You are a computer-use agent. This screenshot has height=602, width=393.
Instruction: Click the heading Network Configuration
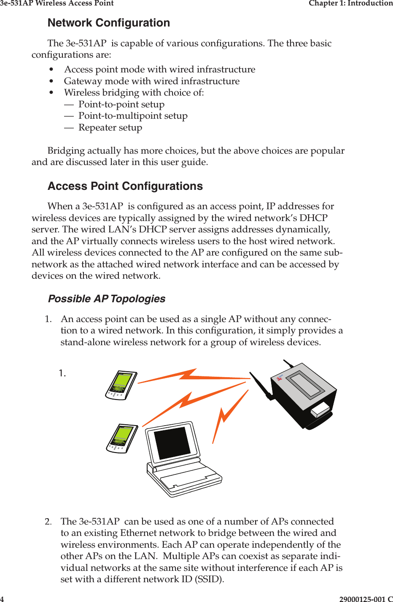point(109,23)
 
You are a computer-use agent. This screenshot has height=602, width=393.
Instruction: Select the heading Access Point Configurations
point(125,186)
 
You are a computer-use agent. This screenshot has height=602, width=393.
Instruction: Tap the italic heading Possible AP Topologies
point(107,299)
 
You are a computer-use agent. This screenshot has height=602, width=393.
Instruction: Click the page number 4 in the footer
point(2,599)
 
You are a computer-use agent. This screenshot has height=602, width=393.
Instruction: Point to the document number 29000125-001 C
point(366,599)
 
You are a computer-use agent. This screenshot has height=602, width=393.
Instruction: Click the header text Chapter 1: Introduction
point(350,3)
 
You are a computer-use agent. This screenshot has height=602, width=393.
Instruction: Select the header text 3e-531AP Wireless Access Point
point(57,3)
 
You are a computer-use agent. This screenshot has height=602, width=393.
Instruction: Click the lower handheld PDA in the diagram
point(122,438)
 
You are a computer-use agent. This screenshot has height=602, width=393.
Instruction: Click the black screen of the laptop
point(172,443)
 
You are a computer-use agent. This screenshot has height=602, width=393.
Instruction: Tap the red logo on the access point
point(279,378)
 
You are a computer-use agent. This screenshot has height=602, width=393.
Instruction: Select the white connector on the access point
point(320,409)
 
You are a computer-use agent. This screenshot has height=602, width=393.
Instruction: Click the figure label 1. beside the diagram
point(62,373)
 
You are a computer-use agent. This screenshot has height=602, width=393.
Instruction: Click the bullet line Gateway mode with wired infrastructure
point(152,81)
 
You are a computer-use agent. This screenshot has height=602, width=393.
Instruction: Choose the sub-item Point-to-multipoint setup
point(133,116)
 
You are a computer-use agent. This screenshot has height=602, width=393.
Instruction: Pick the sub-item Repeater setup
point(110,128)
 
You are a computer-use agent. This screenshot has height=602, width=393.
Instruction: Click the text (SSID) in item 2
point(209,579)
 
